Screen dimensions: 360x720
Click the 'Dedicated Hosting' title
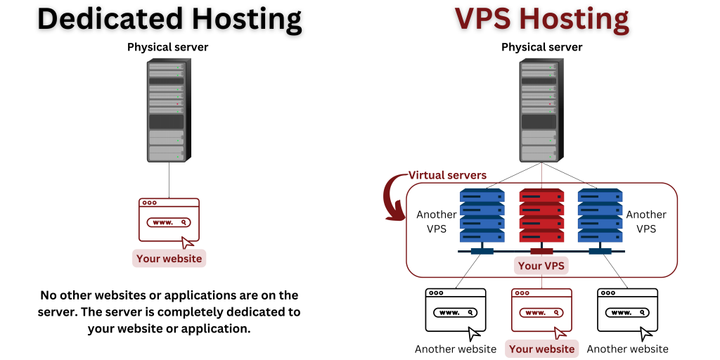pyautogui.click(x=169, y=19)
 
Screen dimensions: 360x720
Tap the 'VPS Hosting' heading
pyautogui.click(x=541, y=19)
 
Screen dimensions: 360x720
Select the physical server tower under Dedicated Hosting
pyautogui.click(x=167, y=110)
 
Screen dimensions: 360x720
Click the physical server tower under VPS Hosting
pyautogui.click(x=541, y=110)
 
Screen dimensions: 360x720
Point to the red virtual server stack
pyautogui.click(x=541, y=215)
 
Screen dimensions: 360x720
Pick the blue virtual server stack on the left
pyautogui.click(x=482, y=215)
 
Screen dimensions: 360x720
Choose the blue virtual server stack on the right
pyautogui.click(x=600, y=215)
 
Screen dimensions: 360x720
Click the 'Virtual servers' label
pyautogui.click(x=447, y=175)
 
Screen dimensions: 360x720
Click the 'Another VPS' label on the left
pyautogui.click(x=436, y=221)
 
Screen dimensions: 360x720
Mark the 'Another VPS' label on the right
pyautogui.click(x=645, y=221)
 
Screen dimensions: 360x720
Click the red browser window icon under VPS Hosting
pyautogui.click(x=541, y=310)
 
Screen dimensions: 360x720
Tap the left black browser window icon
pyautogui.click(x=455, y=310)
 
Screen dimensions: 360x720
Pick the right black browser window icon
pyautogui.click(x=627, y=310)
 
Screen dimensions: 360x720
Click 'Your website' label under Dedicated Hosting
pyautogui.click(x=169, y=259)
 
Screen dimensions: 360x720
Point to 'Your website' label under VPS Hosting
pyautogui.click(x=541, y=349)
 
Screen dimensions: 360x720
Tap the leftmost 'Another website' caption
pyautogui.click(x=455, y=349)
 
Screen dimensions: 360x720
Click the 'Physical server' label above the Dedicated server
pyautogui.click(x=167, y=47)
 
